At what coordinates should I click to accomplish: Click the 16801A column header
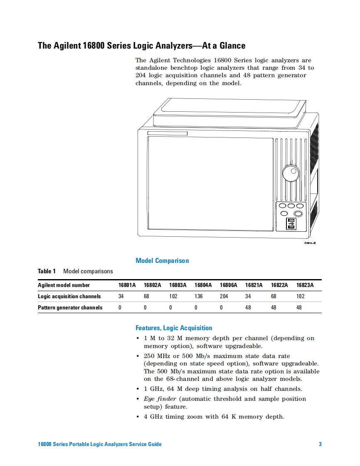coord(127,285)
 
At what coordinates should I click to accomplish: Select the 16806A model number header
coord(228,285)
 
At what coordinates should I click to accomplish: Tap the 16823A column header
coord(305,285)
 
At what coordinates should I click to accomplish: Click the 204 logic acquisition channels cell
coord(224,297)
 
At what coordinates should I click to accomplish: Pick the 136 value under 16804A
coord(199,297)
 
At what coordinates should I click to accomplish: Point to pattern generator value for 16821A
coord(248,308)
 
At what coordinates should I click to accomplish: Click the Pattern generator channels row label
coord(70,308)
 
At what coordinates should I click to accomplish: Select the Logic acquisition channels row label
coord(69,297)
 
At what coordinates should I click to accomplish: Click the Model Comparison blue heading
coord(162,261)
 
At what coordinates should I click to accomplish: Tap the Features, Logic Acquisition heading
coord(174,328)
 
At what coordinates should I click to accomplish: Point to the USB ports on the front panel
coord(291,223)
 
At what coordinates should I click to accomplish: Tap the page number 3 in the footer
coord(320,444)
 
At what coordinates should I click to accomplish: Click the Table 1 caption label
coord(47,271)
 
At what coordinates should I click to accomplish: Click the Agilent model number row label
coord(64,285)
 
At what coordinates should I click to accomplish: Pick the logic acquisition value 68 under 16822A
coord(273,297)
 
